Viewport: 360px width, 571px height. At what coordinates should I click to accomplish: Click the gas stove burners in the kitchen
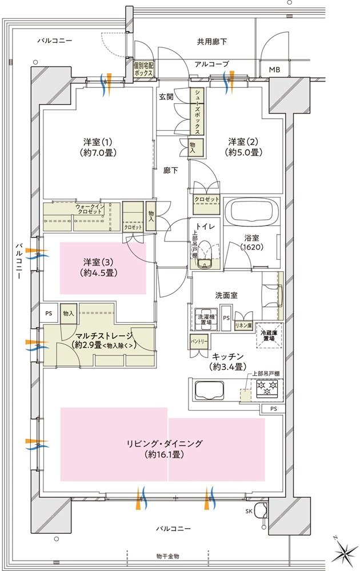(267, 389)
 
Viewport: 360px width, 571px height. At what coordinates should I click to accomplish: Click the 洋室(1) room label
(96, 147)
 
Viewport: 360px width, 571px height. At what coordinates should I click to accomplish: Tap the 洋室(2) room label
(245, 147)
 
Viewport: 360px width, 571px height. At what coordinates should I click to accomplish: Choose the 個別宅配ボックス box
(143, 69)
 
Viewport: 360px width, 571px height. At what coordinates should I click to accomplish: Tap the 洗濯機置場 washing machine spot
(204, 318)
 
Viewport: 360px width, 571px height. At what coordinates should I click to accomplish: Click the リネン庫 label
(243, 325)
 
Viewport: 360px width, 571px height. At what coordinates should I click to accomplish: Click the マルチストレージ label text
(103, 336)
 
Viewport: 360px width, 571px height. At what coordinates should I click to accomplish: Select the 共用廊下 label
(212, 42)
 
